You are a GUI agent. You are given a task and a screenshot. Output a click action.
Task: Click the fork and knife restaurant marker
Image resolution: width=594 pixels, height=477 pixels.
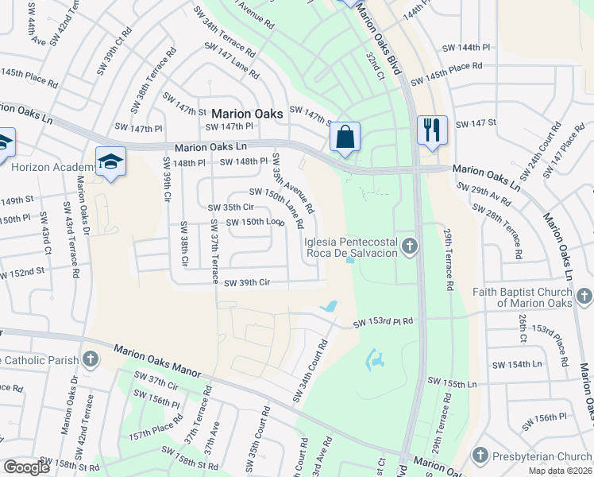432,130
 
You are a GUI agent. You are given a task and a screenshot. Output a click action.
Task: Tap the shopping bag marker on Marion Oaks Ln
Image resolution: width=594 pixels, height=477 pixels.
345,138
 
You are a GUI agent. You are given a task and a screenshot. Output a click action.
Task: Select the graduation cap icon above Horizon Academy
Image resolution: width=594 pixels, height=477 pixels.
110,161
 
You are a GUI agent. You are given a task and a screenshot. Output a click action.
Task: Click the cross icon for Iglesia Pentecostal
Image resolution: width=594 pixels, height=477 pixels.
410,246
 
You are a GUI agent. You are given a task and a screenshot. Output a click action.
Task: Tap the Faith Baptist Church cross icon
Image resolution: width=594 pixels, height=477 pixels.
584,297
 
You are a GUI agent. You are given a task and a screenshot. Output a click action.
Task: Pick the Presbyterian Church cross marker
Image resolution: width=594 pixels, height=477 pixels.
480,456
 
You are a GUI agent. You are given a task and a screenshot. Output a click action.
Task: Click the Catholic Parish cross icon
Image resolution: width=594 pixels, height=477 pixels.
91,359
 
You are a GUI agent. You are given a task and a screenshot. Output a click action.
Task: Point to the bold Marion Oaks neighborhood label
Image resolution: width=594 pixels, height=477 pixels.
247,114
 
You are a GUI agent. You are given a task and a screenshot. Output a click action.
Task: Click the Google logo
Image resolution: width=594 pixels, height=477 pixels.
27,467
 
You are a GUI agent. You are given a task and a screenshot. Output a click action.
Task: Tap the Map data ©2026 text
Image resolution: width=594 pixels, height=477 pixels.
561,471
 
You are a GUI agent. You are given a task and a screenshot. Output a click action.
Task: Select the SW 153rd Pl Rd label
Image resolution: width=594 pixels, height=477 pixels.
384,322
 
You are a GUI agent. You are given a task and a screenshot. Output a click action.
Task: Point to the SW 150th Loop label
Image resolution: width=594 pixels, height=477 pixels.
254,222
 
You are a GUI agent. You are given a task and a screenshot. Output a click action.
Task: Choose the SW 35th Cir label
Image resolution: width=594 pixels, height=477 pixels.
230,207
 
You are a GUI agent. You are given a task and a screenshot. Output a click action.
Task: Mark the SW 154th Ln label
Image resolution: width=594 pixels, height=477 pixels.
516,364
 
